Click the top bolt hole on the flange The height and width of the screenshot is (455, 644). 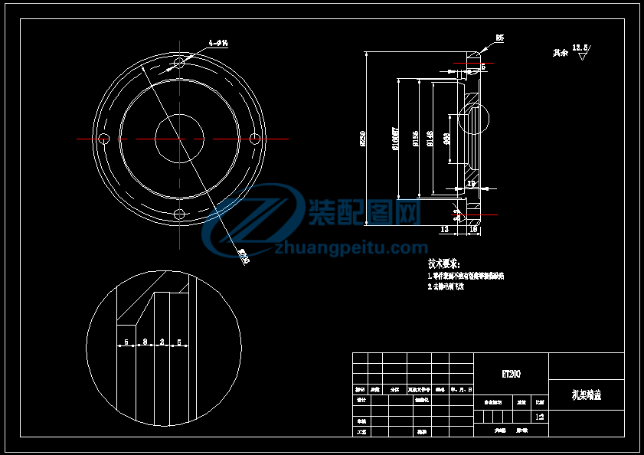[x=180, y=63]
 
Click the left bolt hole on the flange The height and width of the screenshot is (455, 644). [x=105, y=139]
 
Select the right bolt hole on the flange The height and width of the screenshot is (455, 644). [x=255, y=139]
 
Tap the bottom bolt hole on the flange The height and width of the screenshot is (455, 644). [x=180, y=214]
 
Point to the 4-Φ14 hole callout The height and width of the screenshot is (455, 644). [x=218, y=44]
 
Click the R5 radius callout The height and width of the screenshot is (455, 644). [x=499, y=37]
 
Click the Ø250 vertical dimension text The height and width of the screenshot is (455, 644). [x=363, y=139]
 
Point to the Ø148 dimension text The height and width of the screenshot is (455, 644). [x=430, y=139]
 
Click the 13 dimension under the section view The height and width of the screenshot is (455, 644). [x=444, y=229]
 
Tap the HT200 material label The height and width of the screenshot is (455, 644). [x=511, y=374]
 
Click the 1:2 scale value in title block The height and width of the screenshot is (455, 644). [x=540, y=417]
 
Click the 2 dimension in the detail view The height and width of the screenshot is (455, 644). [x=162, y=342]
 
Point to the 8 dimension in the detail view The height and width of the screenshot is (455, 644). [x=145, y=342]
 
